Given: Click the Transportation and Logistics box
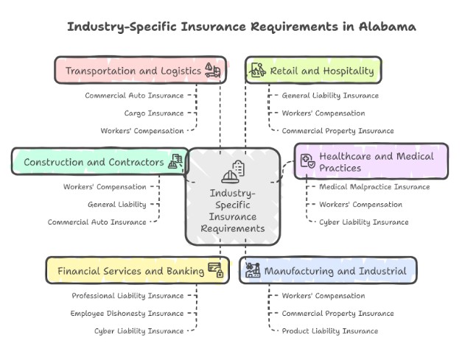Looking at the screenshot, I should click(x=139, y=71).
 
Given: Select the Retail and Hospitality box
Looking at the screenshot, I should click(x=313, y=71).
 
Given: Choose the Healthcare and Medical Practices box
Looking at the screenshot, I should click(x=371, y=162).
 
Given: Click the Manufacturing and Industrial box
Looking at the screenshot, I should click(x=328, y=270).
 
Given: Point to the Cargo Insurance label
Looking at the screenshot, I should click(x=154, y=113).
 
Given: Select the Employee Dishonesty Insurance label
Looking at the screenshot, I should click(x=127, y=314).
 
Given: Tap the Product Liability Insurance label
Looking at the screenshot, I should click(x=330, y=331).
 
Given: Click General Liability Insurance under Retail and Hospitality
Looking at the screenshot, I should click(x=330, y=96).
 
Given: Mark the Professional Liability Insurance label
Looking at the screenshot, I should click(x=127, y=296).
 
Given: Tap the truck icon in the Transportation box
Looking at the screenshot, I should click(x=212, y=70).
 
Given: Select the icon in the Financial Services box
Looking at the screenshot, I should click(x=216, y=269).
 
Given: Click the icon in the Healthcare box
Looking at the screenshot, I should click(x=308, y=161).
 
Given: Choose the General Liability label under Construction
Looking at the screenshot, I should click(x=117, y=205).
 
